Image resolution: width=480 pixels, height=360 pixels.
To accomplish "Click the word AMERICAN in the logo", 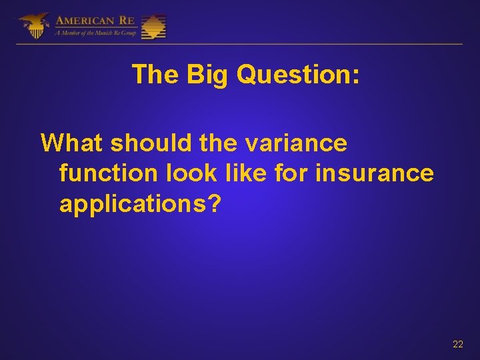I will [x=85, y=20].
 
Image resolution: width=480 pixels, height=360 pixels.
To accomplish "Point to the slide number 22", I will [x=457, y=344].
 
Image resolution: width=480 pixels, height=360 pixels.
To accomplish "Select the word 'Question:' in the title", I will [x=298, y=75].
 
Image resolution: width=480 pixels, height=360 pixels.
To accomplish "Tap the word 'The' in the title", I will [x=156, y=75].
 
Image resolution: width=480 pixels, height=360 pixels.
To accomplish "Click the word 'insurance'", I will [x=375, y=173].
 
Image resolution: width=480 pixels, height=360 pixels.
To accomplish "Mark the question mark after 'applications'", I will [x=213, y=204].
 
